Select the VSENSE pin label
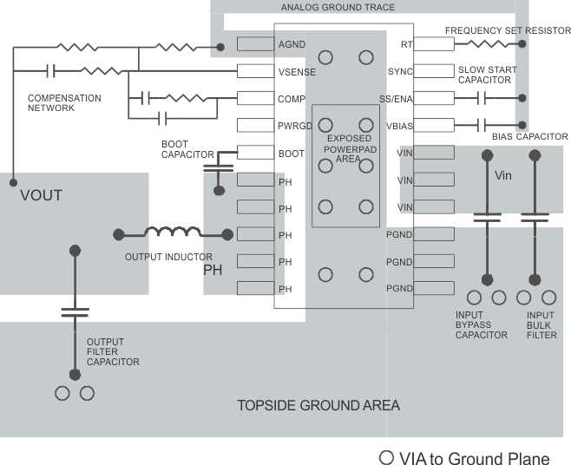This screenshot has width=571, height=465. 297,71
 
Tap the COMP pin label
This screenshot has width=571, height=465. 292,98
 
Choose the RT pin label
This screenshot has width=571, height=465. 406,44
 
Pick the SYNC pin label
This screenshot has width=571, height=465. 401,71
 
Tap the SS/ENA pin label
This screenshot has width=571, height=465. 397,98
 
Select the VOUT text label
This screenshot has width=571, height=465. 41,195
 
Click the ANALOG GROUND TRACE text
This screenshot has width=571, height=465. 338,8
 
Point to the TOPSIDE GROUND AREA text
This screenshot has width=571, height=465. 318,405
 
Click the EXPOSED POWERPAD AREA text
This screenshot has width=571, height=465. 349,148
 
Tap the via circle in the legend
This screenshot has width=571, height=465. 387,457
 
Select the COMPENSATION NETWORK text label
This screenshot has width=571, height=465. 64,103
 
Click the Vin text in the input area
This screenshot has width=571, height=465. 504,174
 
